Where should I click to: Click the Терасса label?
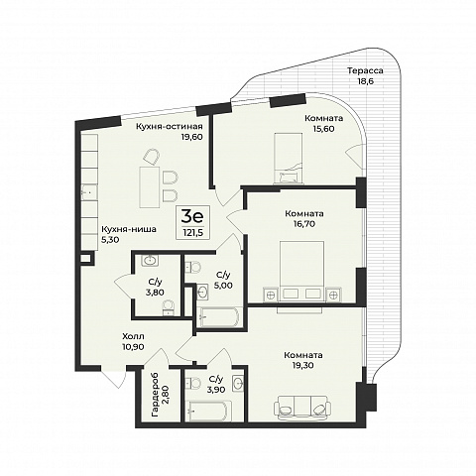click(x=365, y=70)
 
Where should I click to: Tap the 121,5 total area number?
click(x=193, y=233)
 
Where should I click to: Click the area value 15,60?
click(x=324, y=129)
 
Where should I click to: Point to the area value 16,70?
click(x=304, y=224)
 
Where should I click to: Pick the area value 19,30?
click(x=303, y=365)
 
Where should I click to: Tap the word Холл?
click(x=133, y=336)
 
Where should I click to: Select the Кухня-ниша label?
click(x=129, y=229)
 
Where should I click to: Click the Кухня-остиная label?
click(x=170, y=127)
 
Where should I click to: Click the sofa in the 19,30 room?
click(x=302, y=408)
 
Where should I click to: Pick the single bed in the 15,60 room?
click(x=289, y=158)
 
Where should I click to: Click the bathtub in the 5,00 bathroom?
click(x=218, y=317)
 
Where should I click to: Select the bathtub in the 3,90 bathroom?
click(x=206, y=411)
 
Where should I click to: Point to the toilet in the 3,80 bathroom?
click(x=169, y=307)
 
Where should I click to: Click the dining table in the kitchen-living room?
click(x=150, y=187)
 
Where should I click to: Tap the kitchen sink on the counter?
click(x=88, y=192)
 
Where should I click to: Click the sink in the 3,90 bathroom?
click(x=238, y=384)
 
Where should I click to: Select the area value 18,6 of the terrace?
click(x=365, y=81)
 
